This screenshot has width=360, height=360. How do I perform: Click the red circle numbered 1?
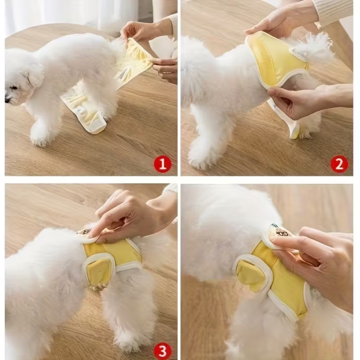162,164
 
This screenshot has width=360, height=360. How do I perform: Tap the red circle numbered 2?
339,164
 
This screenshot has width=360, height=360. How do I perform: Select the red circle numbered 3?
162,351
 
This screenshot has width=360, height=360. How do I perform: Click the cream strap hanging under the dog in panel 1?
85,112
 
